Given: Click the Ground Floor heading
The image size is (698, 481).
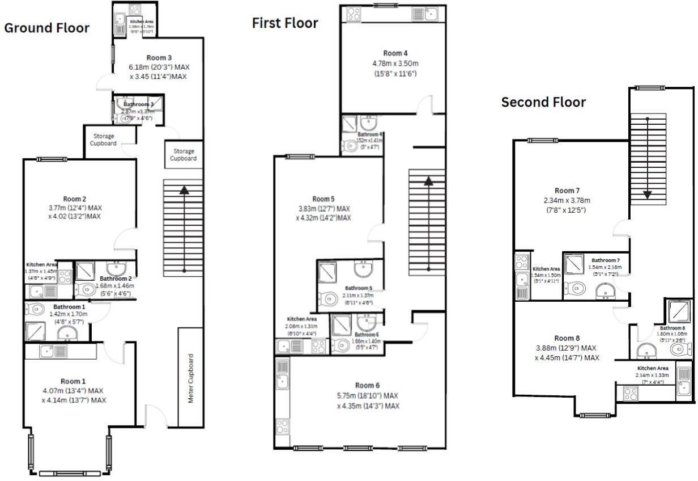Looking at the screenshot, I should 46,28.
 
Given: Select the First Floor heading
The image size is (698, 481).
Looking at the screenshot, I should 285,23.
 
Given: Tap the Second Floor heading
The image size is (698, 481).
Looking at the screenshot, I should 543,102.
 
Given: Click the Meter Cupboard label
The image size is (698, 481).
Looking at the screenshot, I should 191,379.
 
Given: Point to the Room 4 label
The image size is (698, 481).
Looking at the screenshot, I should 395,53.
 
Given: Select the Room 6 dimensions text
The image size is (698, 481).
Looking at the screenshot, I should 368,400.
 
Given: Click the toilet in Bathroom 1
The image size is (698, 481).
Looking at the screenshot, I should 35,310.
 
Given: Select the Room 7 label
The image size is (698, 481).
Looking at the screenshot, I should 567,191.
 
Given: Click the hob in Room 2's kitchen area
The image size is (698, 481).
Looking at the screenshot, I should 64,277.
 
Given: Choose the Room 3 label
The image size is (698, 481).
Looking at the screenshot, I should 159,58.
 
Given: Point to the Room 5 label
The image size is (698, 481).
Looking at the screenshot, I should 323,199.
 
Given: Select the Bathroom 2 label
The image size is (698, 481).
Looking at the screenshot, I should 116,279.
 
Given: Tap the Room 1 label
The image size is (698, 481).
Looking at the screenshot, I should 74,381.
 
